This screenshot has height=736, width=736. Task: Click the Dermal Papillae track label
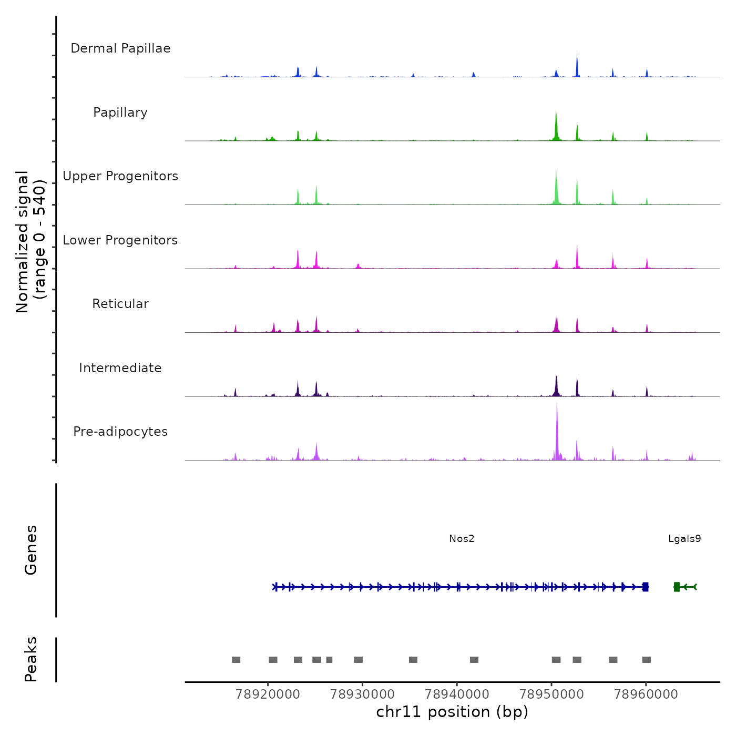click(120, 48)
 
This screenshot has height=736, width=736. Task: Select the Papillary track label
click(120, 113)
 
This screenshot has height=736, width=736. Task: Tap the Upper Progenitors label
click(120, 176)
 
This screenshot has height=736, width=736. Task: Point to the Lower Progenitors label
click(120, 240)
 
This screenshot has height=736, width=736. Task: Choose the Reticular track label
click(120, 304)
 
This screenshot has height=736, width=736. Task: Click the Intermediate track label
click(120, 368)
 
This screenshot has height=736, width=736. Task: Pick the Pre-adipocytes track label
click(120, 432)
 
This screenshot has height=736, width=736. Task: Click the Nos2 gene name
click(462, 539)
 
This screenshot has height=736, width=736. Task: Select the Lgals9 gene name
click(684, 539)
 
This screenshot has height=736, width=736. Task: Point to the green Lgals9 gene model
click(685, 587)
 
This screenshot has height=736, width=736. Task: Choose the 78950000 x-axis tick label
click(551, 694)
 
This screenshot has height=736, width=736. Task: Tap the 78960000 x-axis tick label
click(646, 694)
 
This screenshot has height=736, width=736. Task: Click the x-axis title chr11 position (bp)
click(452, 712)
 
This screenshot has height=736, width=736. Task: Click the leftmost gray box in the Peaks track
click(236, 660)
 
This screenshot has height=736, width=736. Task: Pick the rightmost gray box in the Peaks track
click(647, 660)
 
